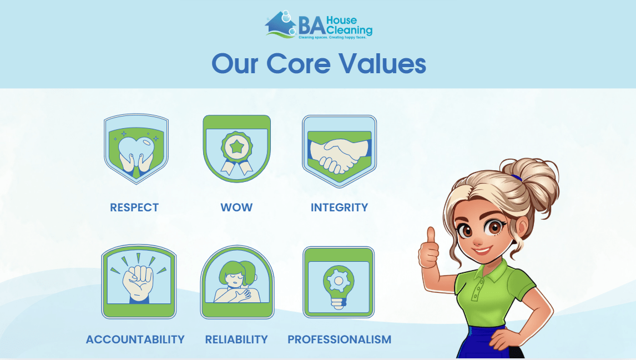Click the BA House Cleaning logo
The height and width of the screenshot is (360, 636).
(319, 25)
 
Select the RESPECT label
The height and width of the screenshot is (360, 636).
(134, 207)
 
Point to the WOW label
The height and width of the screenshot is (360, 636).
(236, 207)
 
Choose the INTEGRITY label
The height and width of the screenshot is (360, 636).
(339, 207)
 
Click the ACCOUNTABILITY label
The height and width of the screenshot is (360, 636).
(135, 339)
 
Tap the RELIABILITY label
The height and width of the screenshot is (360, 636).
(236, 339)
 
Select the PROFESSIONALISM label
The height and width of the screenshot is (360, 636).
(340, 339)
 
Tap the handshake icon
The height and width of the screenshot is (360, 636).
(340, 151)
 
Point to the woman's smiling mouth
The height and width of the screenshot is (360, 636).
(482, 250)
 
